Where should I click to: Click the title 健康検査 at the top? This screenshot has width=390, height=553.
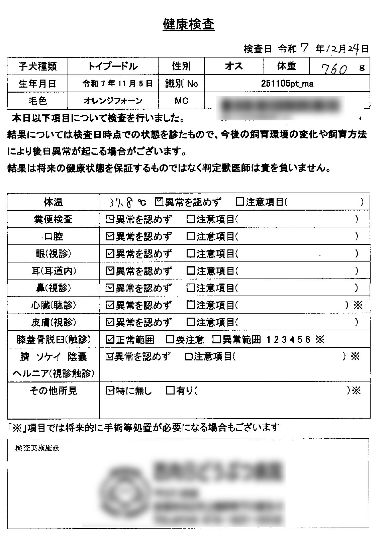coord(188,24)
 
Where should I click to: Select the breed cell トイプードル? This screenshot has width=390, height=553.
coord(113,66)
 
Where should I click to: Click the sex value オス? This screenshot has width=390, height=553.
coord(234,66)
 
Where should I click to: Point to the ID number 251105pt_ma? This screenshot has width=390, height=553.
coord(287,84)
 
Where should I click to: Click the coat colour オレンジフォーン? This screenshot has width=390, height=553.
coord(113,101)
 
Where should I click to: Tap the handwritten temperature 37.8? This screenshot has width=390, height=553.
coord(121,202)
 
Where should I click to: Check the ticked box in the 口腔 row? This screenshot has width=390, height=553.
coord(109,236)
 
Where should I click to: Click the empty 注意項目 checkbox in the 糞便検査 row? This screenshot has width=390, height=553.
coord(191,219)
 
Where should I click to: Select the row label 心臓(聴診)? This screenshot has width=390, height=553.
coord(54,305)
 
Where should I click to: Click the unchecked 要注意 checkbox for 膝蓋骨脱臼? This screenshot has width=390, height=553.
coord(170,340)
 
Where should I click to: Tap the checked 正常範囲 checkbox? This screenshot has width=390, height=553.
coord(109,340)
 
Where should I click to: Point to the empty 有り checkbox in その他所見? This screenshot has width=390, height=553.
coord(170,390)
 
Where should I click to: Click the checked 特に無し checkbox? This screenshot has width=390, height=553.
coord(109,390)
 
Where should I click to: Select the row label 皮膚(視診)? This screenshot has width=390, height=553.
coord(54,322)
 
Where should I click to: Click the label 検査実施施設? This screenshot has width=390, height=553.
coord(37,448)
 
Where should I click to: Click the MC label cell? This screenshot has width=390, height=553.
coord(181,101)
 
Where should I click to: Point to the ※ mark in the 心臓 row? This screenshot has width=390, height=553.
coord(358,305)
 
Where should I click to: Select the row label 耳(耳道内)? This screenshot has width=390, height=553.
coord(54,271)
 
